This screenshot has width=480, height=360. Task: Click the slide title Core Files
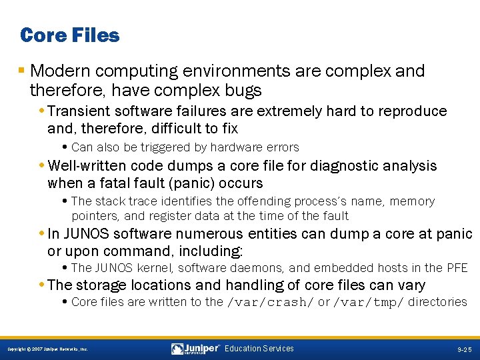coord(70,35)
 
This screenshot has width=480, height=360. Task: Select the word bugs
coord(243,89)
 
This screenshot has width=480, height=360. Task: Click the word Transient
coord(81,111)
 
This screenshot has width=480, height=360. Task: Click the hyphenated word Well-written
coord(88,165)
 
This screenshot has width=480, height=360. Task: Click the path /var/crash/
coord(271,302)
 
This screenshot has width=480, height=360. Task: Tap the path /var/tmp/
coord(369,302)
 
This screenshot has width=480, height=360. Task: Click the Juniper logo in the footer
coord(196,349)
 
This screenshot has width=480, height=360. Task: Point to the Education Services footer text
coord(259,349)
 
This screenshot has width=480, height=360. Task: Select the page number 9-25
coord(464,349)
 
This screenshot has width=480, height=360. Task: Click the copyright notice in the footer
coord(47,349)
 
